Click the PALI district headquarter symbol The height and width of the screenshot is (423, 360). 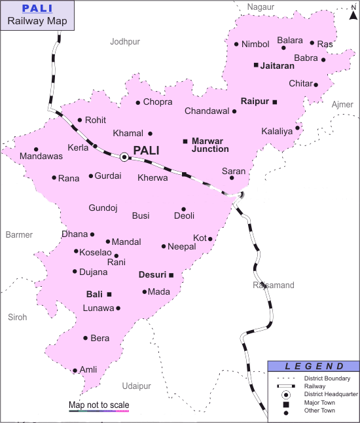[x=124, y=156]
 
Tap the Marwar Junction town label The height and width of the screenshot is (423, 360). [x=210, y=145]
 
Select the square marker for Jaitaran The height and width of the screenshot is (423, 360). [x=256, y=65]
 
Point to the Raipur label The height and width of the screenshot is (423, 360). [x=255, y=101]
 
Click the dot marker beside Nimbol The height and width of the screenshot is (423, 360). [x=236, y=45]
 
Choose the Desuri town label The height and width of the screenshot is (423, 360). [x=153, y=275]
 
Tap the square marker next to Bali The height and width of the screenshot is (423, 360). [x=109, y=294]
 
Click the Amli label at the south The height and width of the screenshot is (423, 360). [x=88, y=370]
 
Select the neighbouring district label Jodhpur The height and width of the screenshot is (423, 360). [x=125, y=41]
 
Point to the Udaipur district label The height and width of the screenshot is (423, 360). [x=136, y=386]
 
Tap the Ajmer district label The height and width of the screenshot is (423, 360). [x=342, y=105]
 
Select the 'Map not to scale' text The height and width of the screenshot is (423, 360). [x=99, y=405]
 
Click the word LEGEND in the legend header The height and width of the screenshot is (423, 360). [x=314, y=366]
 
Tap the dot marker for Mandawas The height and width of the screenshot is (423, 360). [x=36, y=149]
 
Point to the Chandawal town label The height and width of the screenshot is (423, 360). [x=207, y=111]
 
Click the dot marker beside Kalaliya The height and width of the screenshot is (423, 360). [x=297, y=128]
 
